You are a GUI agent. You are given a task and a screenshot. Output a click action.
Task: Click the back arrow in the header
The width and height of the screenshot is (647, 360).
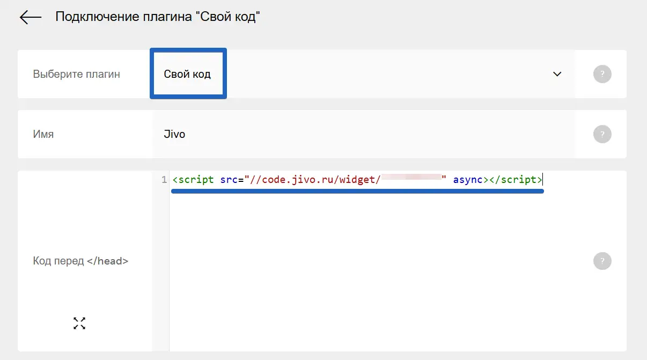[30, 17]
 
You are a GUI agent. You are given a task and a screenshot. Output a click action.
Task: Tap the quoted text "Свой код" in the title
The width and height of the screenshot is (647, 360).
[230, 17]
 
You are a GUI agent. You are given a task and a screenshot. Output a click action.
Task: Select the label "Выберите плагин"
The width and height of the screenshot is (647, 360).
[77, 74]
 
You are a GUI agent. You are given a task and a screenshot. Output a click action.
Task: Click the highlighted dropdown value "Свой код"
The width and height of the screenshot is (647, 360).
[187, 74]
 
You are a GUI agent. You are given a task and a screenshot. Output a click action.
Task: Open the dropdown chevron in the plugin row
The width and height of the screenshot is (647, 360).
[557, 74]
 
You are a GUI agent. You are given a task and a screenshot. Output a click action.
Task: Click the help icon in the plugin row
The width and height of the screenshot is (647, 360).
[602, 74]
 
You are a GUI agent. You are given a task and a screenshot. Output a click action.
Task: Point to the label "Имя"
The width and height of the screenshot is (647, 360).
[43, 134]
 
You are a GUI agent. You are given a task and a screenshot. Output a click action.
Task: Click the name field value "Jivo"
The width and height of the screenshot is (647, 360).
[174, 134]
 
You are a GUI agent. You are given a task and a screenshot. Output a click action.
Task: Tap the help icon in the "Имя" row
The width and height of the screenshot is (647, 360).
[602, 134]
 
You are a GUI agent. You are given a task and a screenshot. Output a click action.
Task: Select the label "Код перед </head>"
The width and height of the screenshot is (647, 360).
[80, 261]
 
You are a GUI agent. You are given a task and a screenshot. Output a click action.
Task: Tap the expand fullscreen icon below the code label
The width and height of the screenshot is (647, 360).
[79, 323]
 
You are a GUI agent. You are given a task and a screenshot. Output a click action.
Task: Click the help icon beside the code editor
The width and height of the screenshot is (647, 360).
[602, 261]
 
